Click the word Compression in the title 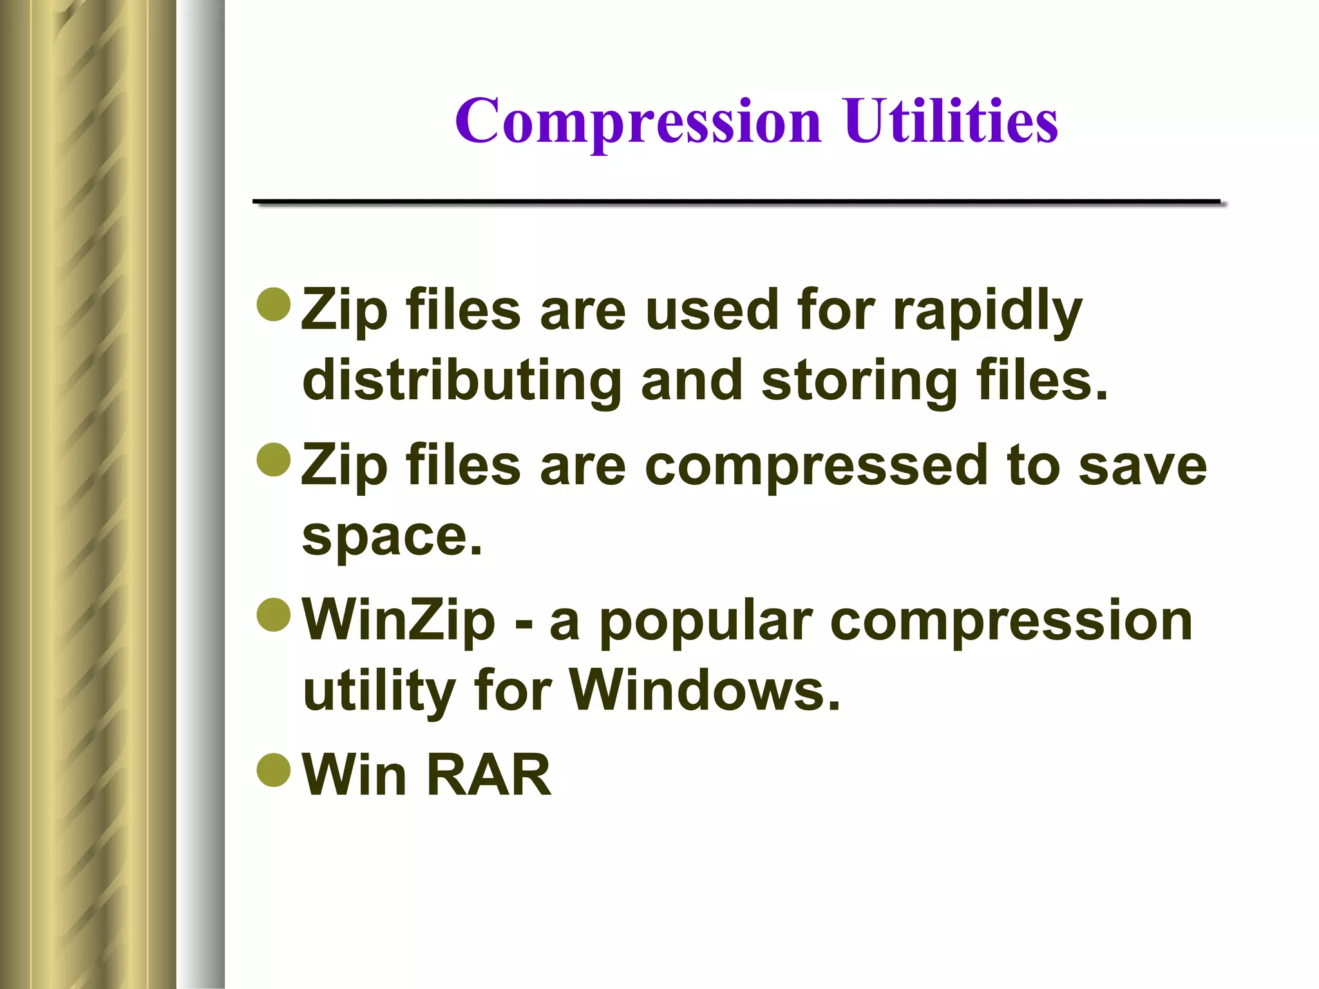pos(638,122)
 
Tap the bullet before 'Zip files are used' pos(274,304)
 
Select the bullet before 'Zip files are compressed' pos(274,460)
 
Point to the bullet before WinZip pos(274,615)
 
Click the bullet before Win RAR pos(274,769)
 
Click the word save pos(1142,465)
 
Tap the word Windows pos(705,690)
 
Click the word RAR pos(488,775)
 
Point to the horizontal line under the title pos(737,202)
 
